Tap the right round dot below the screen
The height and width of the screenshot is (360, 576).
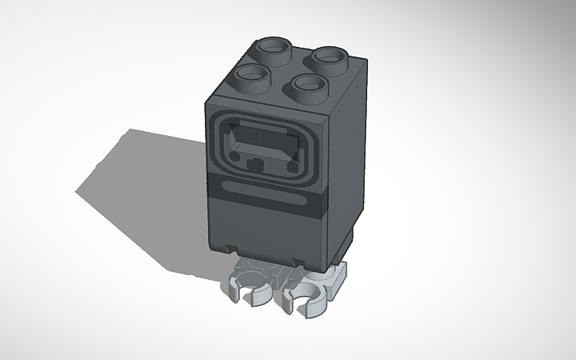(x=292, y=167)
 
